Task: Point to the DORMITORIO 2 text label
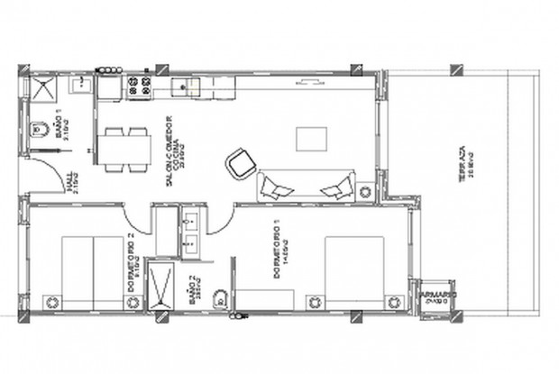pyautogui.click(x=132, y=266)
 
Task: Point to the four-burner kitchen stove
pyautogui.click(x=140, y=87)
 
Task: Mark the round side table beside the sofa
pyautogui.click(x=364, y=192)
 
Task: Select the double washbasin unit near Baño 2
pyautogui.click(x=191, y=231)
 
